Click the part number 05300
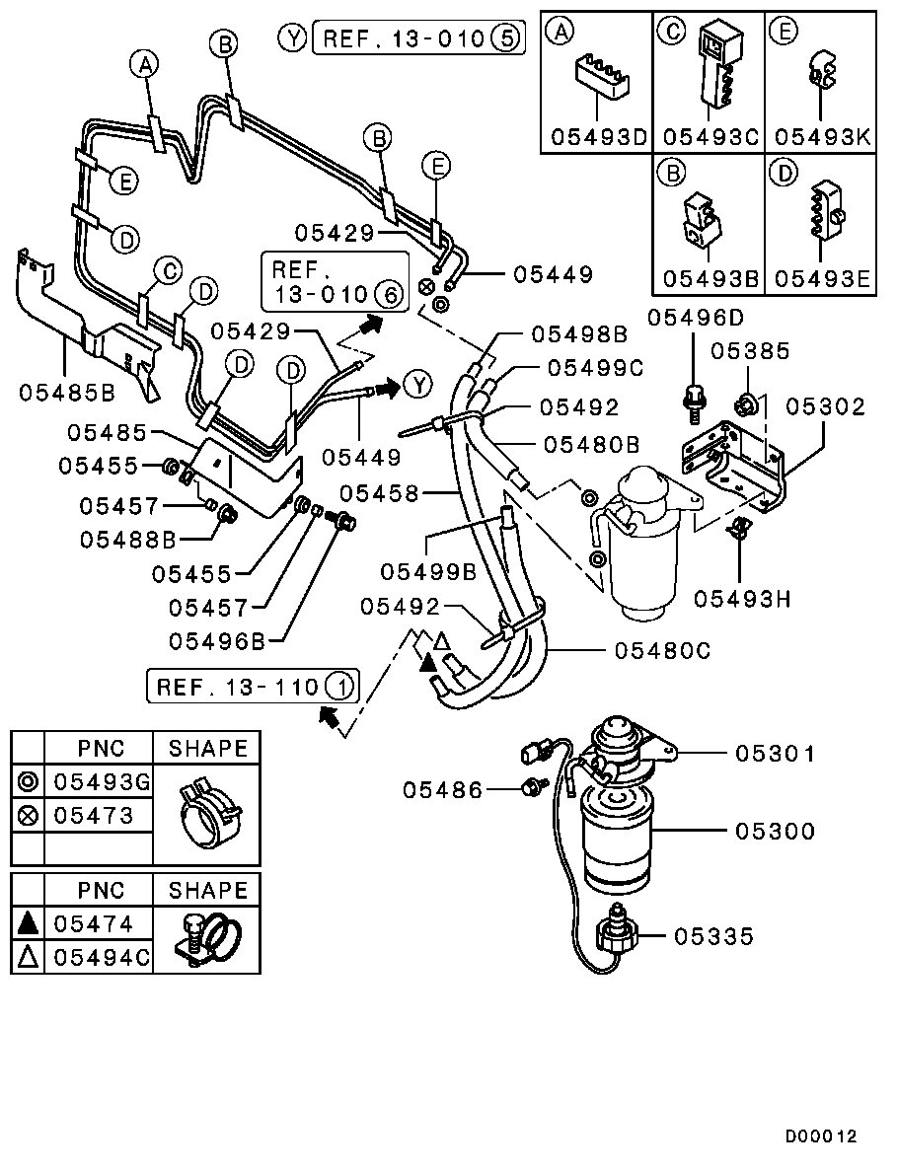click(x=775, y=832)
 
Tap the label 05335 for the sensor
click(x=713, y=935)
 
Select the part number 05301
click(x=775, y=754)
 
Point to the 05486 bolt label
click(x=443, y=789)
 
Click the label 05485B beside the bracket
click(x=67, y=392)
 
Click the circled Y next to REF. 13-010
click(x=292, y=38)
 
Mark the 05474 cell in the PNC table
click(x=101, y=923)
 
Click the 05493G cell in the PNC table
click(x=101, y=782)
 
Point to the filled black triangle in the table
click(x=29, y=923)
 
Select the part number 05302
click(x=825, y=406)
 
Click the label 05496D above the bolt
click(x=696, y=317)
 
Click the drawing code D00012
click(x=821, y=1136)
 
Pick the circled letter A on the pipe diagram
click(x=145, y=65)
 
